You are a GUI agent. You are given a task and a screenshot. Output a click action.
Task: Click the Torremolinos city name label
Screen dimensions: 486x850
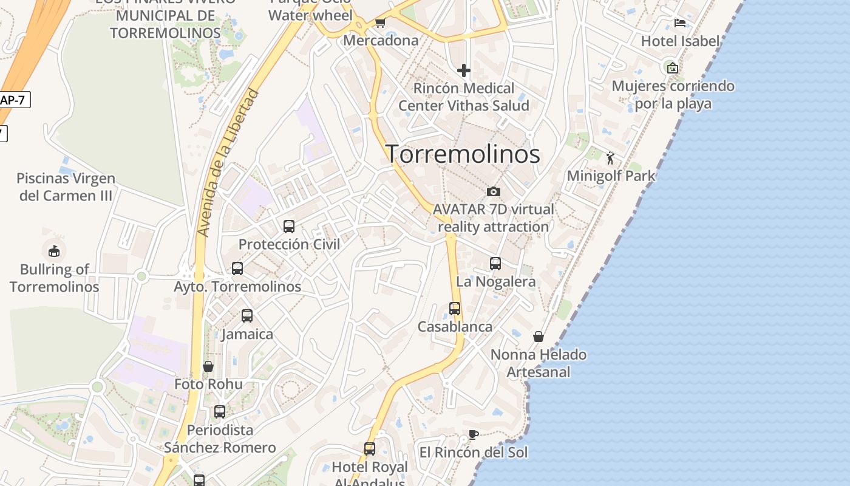(463, 154)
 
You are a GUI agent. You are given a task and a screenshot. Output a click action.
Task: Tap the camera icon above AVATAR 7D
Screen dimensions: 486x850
(494, 191)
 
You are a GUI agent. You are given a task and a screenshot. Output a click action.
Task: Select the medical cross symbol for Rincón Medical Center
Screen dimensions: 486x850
(464, 70)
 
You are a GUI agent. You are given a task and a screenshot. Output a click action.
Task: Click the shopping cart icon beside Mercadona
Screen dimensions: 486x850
(380, 23)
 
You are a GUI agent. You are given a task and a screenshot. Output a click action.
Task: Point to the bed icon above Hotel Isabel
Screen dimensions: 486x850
(680, 23)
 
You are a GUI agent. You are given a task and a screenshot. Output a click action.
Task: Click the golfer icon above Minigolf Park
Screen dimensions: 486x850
(611, 158)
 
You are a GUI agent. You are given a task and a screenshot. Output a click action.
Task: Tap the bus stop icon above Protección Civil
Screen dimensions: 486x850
(289, 227)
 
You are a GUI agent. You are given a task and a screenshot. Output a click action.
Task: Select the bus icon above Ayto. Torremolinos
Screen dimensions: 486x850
(237, 268)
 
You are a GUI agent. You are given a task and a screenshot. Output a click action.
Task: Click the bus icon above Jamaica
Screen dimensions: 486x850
(247, 316)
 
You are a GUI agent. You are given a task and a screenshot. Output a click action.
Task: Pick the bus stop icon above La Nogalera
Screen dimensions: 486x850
(495, 264)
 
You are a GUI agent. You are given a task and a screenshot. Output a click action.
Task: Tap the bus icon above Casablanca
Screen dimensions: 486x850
(455, 309)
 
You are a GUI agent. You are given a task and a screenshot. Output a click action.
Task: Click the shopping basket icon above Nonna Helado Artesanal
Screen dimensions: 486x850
(539, 337)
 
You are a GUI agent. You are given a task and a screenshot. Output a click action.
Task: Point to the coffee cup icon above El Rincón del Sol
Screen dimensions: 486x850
(474, 434)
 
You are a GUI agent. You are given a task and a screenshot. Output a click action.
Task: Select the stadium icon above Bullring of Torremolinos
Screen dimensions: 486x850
(54, 251)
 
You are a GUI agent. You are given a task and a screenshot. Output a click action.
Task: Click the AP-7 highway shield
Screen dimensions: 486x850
(13, 100)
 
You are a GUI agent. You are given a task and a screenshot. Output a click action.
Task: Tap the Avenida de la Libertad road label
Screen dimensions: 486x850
(228, 163)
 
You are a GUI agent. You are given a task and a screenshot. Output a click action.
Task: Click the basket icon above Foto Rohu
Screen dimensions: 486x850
(208, 366)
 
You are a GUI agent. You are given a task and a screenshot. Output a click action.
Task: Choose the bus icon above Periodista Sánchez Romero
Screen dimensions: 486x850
(220, 412)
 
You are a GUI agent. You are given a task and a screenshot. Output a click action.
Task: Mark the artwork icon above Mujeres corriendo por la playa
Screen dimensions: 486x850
(673, 67)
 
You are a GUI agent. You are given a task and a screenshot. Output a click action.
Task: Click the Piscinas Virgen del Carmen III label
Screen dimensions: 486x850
(66, 187)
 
